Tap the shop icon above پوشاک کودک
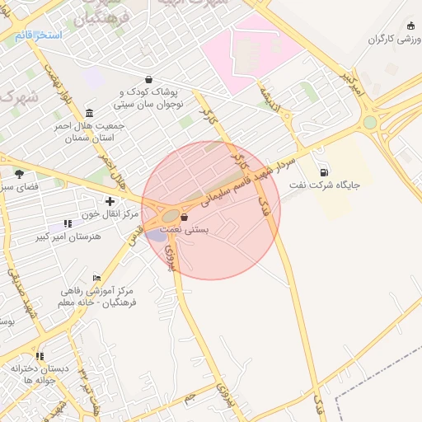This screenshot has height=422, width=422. pos(148,80)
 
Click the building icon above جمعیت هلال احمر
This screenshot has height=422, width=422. pos(89,113)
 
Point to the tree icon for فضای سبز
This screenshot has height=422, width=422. pos(19,174)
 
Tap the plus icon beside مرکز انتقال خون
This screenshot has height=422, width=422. pos(110,201)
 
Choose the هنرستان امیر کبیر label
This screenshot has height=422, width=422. pos(77,237)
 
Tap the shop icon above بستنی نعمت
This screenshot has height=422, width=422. pos(183,218)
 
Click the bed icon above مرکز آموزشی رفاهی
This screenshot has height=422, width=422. pos(97,278)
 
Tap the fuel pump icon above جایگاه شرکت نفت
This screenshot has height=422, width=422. pos(324,172)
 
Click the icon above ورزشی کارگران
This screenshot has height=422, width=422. pos(411,26)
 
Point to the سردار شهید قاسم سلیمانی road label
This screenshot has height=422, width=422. pos(247,178)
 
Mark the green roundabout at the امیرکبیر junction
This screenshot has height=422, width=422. pos(369,123)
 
